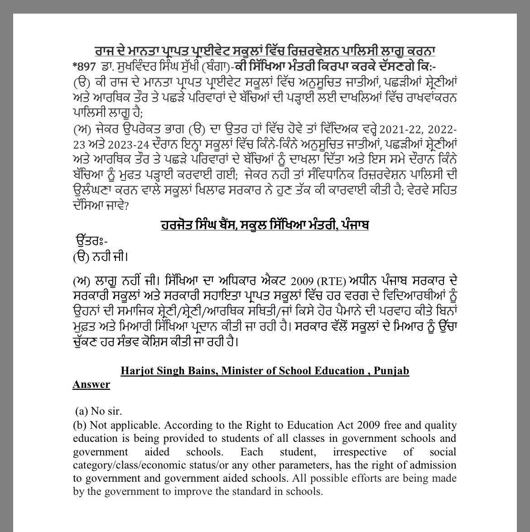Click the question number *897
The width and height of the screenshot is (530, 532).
click(85, 66)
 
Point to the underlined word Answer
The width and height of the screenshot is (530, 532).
click(91, 385)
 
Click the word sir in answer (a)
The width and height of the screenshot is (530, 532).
click(114, 411)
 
